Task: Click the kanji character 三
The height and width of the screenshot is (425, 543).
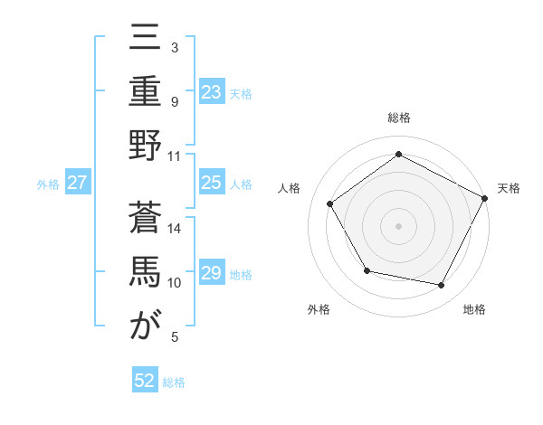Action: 145,42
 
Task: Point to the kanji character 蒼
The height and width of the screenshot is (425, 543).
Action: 145,219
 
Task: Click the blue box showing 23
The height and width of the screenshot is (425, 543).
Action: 211,91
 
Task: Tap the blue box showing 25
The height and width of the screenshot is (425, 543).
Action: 211,183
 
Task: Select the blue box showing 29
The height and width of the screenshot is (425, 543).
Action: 211,273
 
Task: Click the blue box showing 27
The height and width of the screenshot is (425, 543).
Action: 77,183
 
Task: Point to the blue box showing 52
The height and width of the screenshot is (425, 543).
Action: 145,381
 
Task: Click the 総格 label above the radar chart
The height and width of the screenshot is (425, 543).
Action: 399,118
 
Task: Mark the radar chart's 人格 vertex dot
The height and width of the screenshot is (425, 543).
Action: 330,203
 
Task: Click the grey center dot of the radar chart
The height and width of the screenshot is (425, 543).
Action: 399,225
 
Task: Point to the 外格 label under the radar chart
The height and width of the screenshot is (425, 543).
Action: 319,309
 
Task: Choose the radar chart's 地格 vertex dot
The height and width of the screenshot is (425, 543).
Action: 442,285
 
